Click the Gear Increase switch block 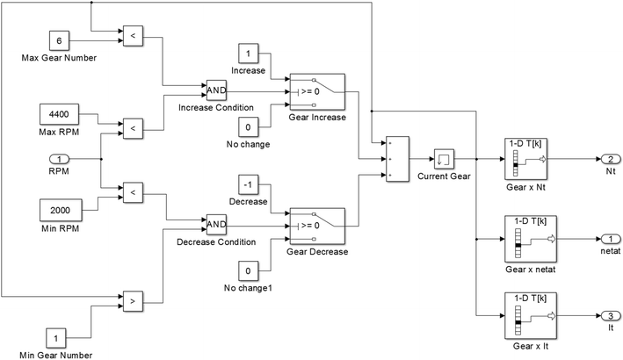tap(316, 90)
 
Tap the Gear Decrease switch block tap(316, 225)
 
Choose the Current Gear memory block tap(443, 160)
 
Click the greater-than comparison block tap(132, 300)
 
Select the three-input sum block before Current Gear tap(395, 160)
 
